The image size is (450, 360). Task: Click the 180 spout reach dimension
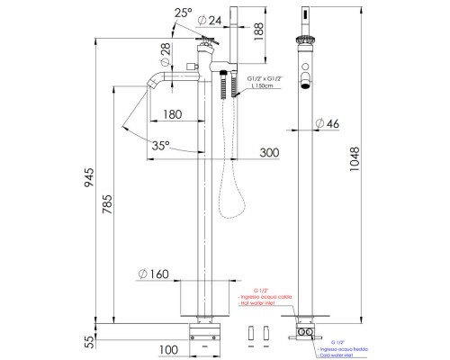174,115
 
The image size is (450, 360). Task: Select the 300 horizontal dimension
268,154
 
